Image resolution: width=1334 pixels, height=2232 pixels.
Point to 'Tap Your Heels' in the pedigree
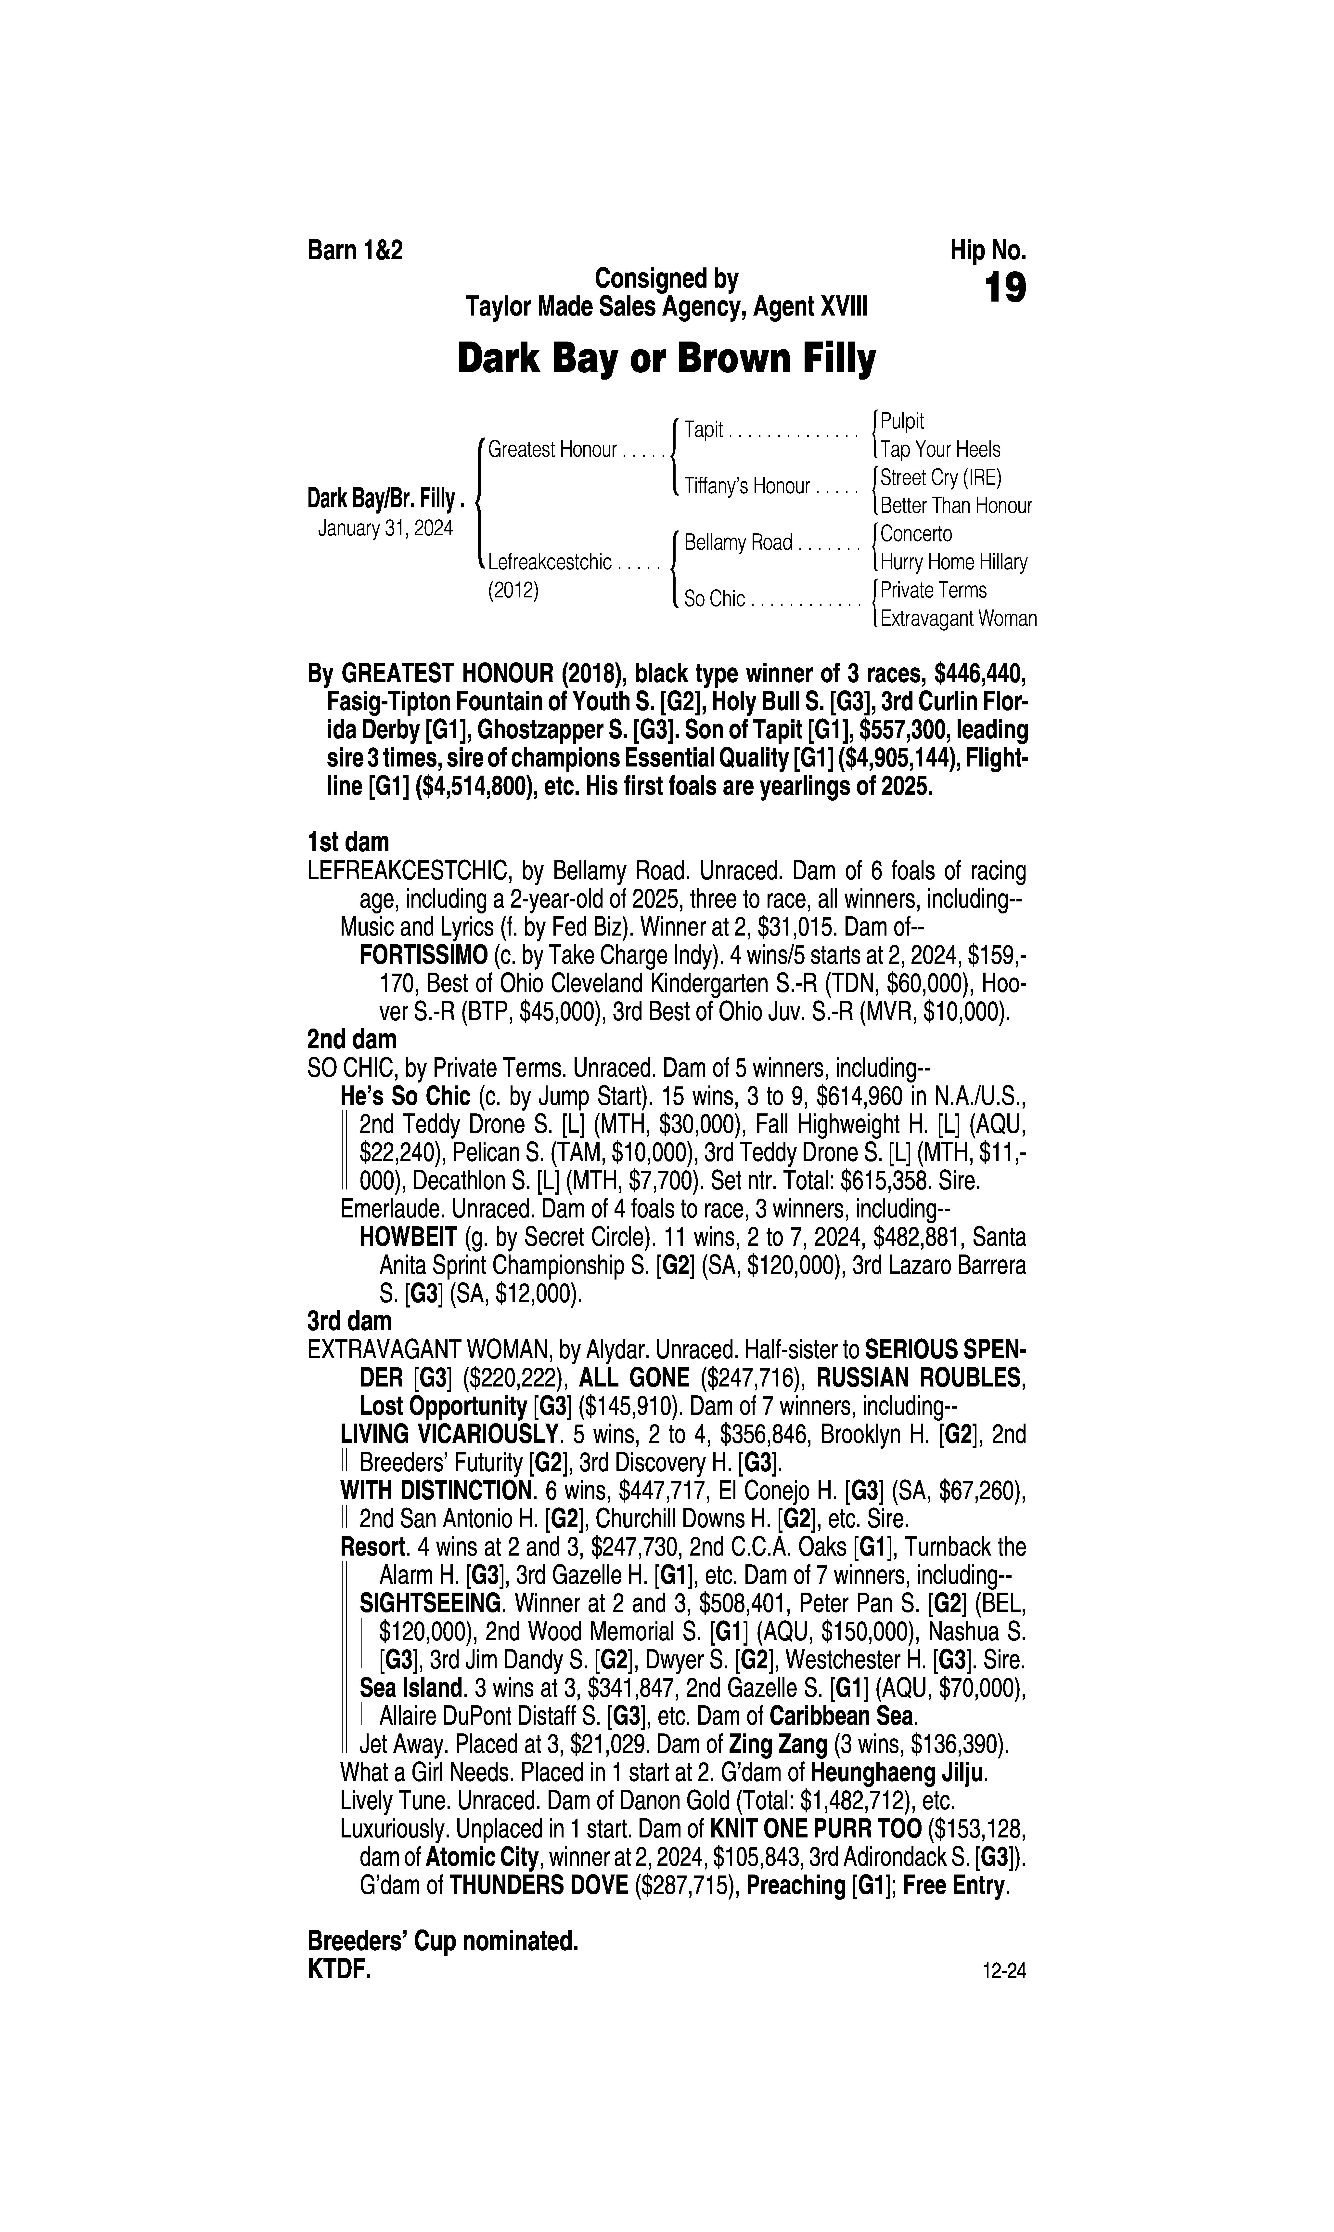click(940, 450)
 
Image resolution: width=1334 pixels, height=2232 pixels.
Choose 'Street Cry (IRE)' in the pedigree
click(940, 477)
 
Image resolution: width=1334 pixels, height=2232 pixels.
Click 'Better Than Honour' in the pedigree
click(956, 506)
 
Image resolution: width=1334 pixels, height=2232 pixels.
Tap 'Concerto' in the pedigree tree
click(916, 534)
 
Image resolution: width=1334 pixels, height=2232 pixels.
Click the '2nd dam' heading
click(351, 1040)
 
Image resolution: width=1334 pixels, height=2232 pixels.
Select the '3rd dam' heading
click(350, 1321)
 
